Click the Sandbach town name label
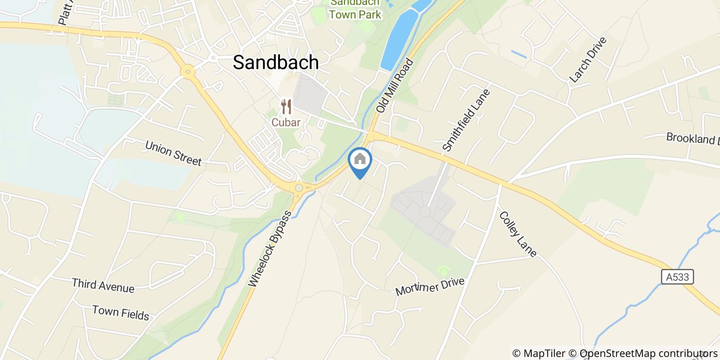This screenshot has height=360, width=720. (x=276, y=62)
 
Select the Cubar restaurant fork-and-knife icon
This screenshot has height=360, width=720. (x=286, y=107)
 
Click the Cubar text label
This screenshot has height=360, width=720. (x=286, y=122)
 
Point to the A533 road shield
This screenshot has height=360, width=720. (x=677, y=277)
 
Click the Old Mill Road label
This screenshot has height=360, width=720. (x=395, y=86)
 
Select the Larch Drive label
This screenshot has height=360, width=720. (x=588, y=60)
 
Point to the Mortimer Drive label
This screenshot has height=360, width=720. (x=430, y=286)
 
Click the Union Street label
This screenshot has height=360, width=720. (x=173, y=153)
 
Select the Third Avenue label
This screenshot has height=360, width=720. (x=103, y=285)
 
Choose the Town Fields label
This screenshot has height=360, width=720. (x=121, y=312)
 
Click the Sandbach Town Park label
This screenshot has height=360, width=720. (x=355, y=9)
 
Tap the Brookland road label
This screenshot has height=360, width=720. (x=692, y=138)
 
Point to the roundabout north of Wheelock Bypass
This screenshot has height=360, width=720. (x=298, y=188)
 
